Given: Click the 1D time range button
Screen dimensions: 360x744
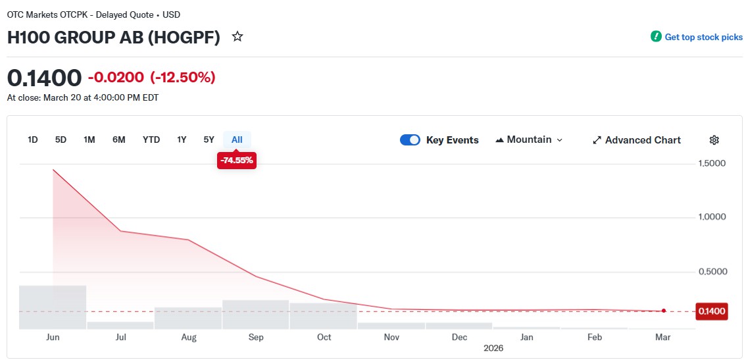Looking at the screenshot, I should click(x=32, y=140).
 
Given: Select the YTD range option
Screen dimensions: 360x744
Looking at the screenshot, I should click(x=151, y=140).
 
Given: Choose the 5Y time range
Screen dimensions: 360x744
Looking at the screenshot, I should click(x=209, y=140).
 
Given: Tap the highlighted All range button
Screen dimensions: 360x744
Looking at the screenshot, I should click(x=237, y=140).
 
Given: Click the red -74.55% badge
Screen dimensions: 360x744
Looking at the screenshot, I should click(x=236, y=160).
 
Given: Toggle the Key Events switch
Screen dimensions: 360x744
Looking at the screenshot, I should click(x=410, y=140).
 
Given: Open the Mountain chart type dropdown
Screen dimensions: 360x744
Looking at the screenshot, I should click(x=529, y=140).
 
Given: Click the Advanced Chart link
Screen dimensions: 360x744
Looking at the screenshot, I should click(x=636, y=140).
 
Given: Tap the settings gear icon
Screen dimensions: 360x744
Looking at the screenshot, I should click(x=714, y=140).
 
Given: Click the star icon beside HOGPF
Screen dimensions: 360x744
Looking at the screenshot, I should click(x=237, y=37).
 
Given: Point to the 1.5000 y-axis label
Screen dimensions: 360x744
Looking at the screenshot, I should click(x=712, y=163).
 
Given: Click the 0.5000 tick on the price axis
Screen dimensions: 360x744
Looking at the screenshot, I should click(x=712, y=271).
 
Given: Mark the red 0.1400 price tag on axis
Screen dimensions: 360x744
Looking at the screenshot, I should click(x=711, y=311).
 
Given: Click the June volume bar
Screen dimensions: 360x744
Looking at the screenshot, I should click(x=53, y=307).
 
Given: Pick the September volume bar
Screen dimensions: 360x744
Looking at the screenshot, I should click(x=256, y=314).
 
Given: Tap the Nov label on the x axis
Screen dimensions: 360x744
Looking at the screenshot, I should click(x=391, y=337).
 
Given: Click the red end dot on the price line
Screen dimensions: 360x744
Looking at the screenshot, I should click(x=664, y=311).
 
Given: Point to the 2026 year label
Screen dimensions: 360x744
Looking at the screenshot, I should click(x=493, y=347).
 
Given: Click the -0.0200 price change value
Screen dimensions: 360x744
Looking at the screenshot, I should click(x=116, y=78).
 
